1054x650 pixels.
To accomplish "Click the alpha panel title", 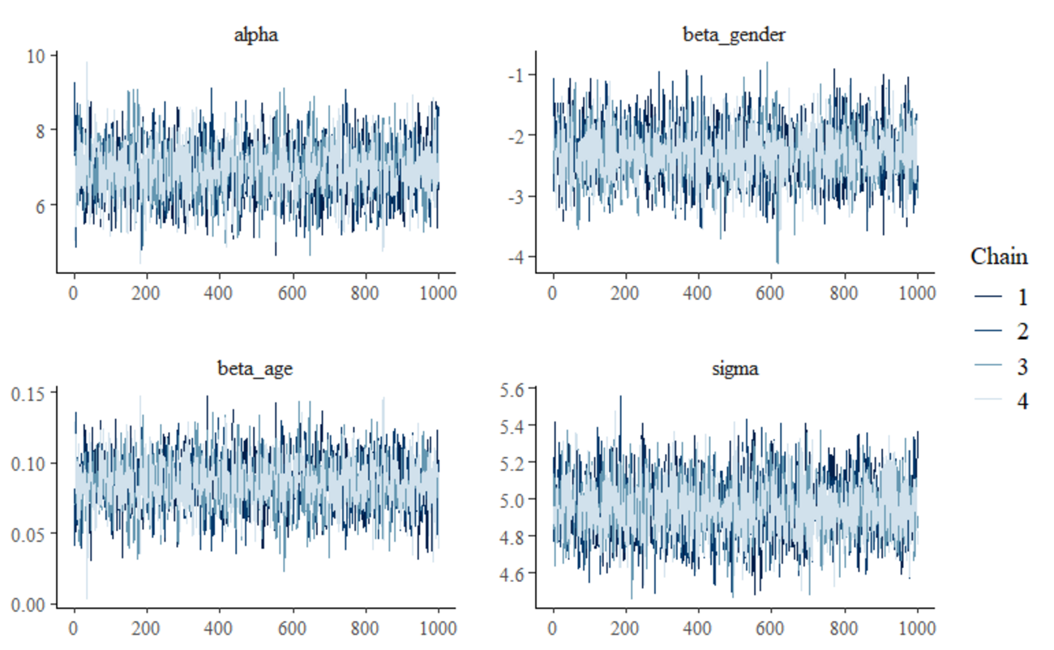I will [x=255, y=34].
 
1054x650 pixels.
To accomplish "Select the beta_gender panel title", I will [x=735, y=34].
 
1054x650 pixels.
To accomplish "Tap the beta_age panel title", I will [x=255, y=369].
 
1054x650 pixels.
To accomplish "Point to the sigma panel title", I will [x=735, y=369].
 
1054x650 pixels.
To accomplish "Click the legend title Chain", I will [x=999, y=258].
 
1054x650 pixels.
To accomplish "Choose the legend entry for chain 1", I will [x=1002, y=297].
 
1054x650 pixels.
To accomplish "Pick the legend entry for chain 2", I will [x=1002, y=331].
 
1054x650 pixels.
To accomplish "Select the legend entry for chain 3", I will [x=1002, y=366].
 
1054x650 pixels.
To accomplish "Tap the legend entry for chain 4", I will [x=1002, y=400].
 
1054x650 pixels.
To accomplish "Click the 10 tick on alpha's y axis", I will [x=39, y=55].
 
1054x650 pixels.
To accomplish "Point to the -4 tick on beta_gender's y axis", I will [x=516, y=257].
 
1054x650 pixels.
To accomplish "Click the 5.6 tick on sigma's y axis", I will [x=516, y=389].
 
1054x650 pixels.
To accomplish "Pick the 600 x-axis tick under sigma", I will [x=771, y=628].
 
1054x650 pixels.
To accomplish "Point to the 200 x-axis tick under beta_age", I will [x=147, y=628].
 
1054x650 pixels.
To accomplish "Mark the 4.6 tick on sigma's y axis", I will [x=516, y=573].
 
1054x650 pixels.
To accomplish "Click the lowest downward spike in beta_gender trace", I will [x=778, y=262].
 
